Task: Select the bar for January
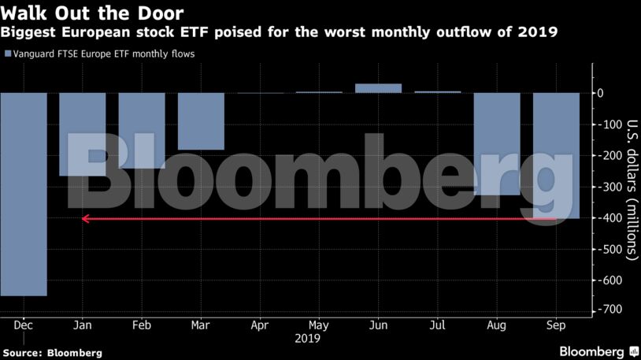click(83, 134)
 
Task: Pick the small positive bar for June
click(378, 88)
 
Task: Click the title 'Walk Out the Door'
click(92, 13)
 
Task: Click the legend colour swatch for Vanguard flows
click(8, 54)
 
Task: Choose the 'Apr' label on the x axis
click(260, 324)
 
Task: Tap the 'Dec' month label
click(23, 324)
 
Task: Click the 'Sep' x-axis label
click(556, 324)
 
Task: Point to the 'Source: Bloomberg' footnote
click(52, 353)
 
